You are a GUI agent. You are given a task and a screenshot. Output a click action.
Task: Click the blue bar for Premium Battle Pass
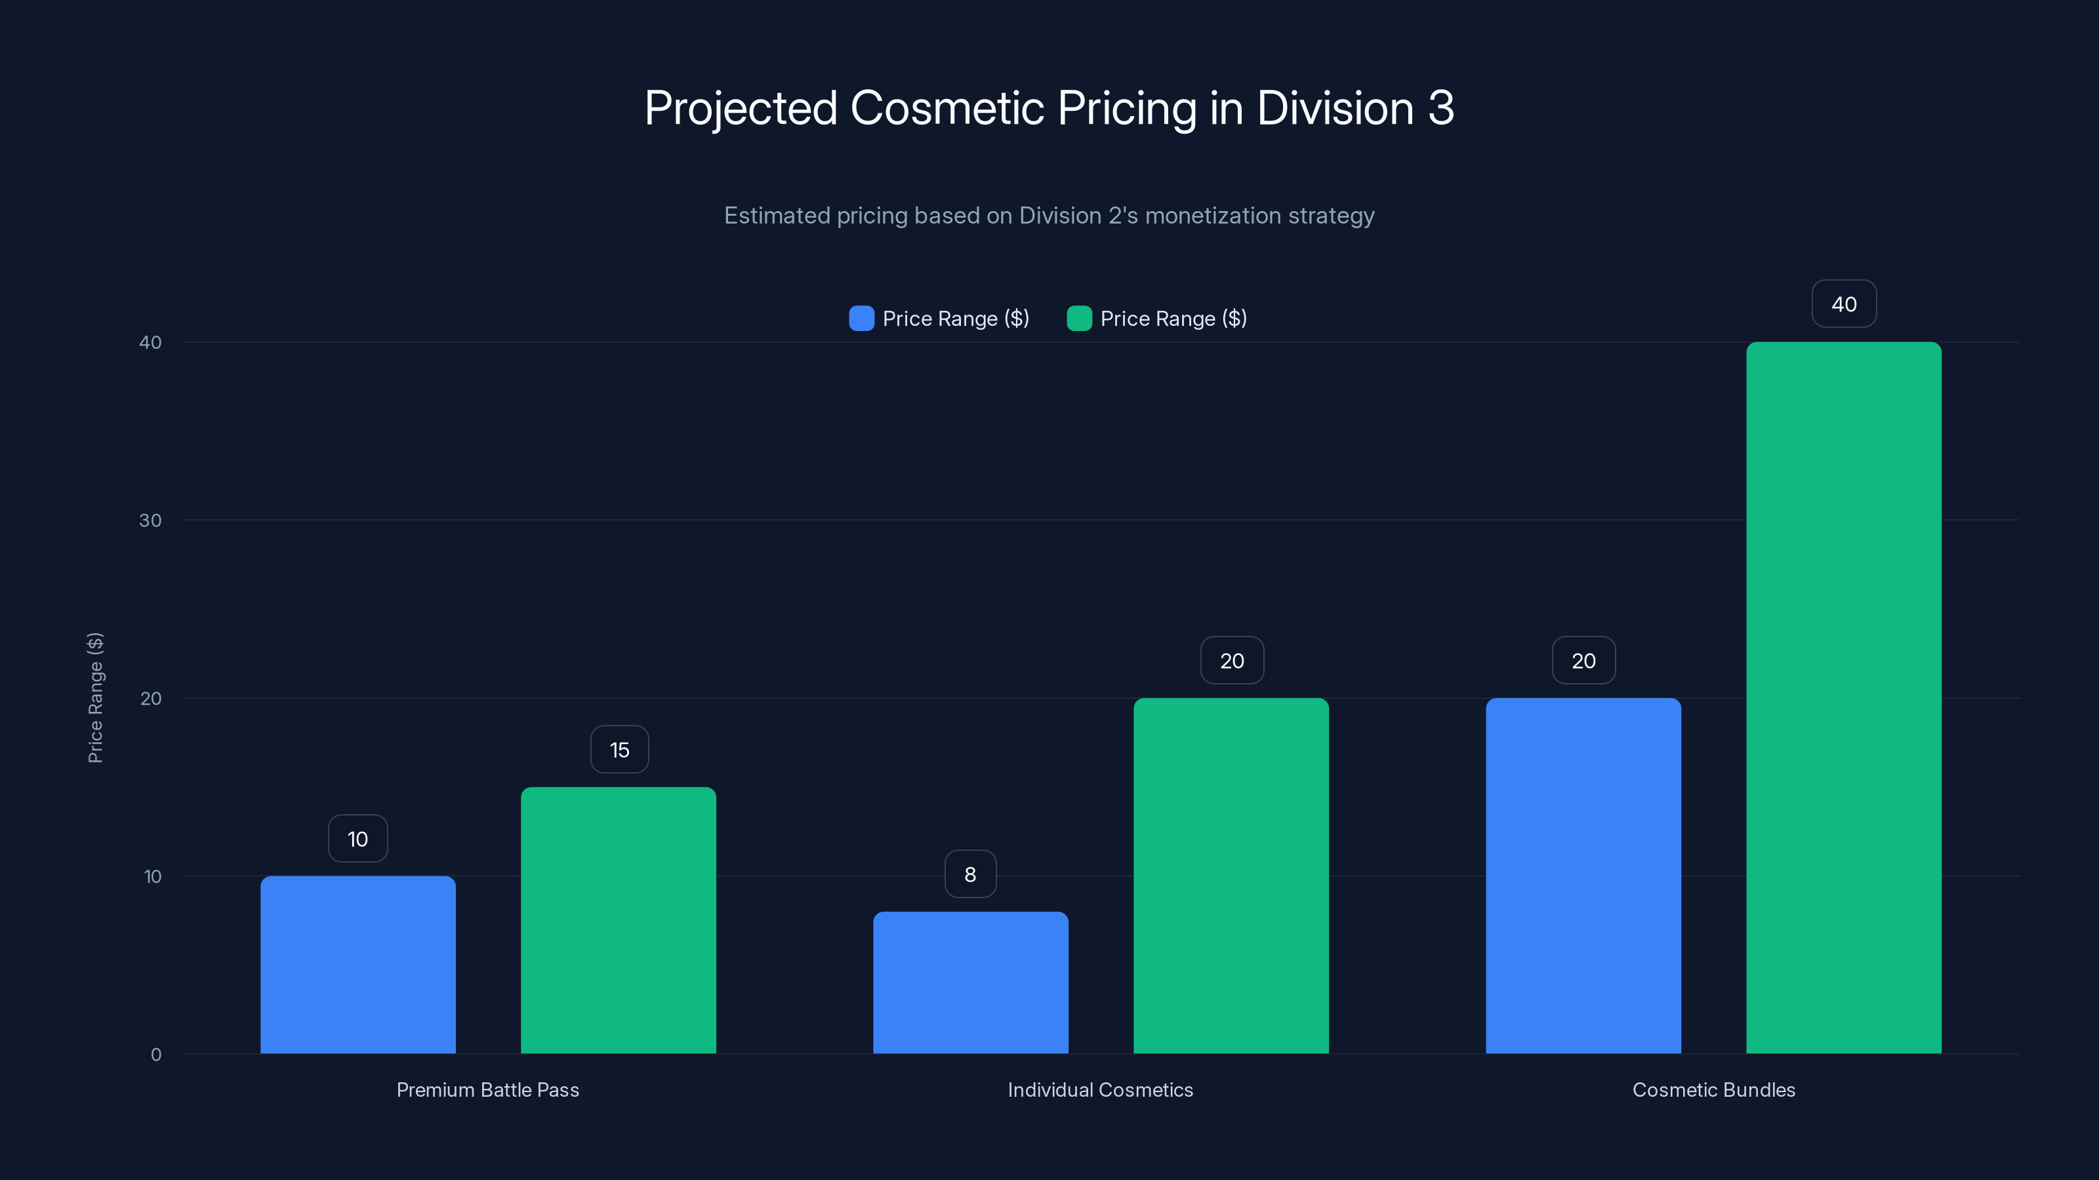pyautogui.click(x=357, y=965)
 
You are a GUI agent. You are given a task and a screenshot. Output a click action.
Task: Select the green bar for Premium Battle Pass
pyautogui.click(x=619, y=920)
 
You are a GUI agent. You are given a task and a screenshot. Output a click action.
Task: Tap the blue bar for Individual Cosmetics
pyautogui.click(x=971, y=983)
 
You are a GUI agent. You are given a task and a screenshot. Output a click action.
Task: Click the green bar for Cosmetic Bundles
pyautogui.click(x=1844, y=698)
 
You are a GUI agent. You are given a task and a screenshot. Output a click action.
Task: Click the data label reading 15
pyautogui.click(x=619, y=750)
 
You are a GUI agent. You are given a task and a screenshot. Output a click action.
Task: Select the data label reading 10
pyautogui.click(x=357, y=839)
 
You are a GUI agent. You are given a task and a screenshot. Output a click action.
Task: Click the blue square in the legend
pyautogui.click(x=861, y=319)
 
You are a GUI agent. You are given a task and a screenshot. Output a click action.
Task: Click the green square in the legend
pyautogui.click(x=1079, y=319)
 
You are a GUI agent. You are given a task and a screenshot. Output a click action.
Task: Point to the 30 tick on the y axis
pyautogui.click(x=150, y=521)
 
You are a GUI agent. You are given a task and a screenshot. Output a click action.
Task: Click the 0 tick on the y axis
pyautogui.click(x=155, y=1055)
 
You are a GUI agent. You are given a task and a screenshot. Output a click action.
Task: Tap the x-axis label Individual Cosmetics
pyautogui.click(x=1100, y=1090)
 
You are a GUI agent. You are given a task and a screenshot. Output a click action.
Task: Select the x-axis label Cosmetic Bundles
pyautogui.click(x=1713, y=1090)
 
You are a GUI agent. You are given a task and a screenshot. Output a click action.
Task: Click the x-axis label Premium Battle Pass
pyautogui.click(x=487, y=1090)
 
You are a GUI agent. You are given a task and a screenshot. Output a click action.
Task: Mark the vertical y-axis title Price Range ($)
pyautogui.click(x=95, y=698)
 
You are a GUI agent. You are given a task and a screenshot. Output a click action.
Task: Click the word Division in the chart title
pyautogui.click(x=1335, y=108)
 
